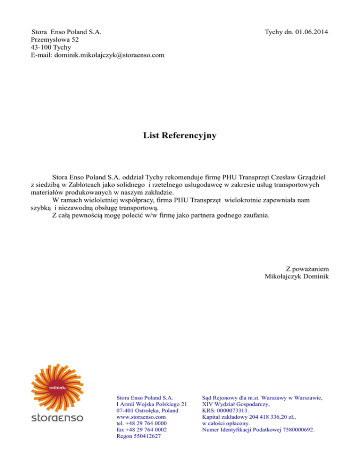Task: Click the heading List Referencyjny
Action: click(x=180, y=136)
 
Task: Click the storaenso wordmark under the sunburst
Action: click(x=57, y=417)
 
